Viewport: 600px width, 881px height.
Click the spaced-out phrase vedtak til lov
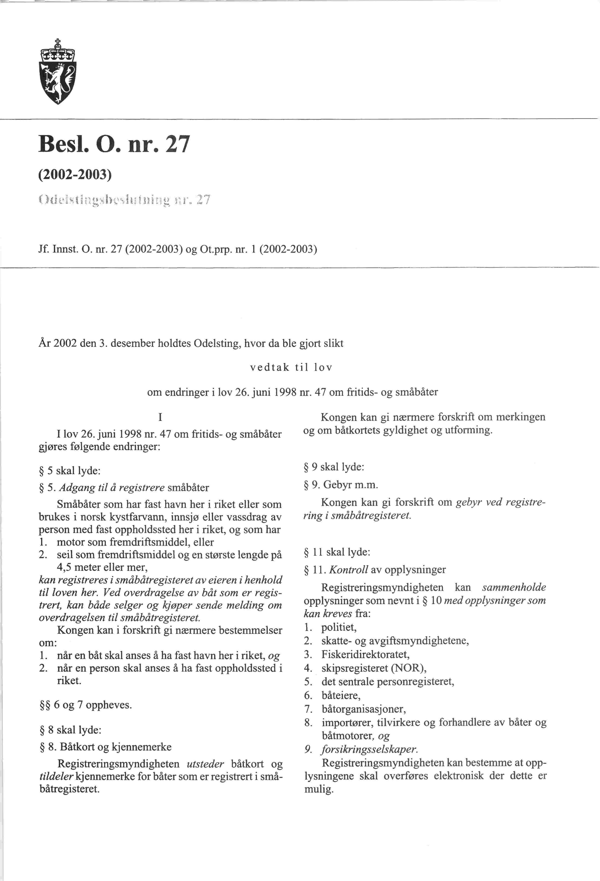pyautogui.click(x=291, y=367)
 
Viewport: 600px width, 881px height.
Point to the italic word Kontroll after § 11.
pyautogui.click(x=349, y=570)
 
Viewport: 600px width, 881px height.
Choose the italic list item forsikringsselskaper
pyautogui.click(x=369, y=749)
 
